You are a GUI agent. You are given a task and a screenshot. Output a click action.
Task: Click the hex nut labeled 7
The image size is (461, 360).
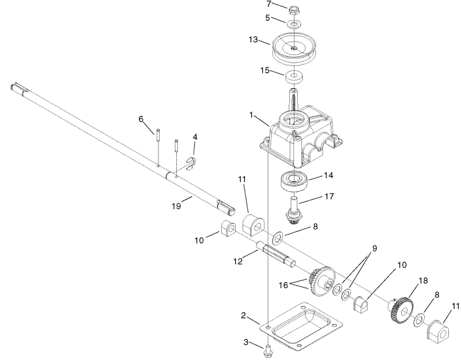click(294, 10)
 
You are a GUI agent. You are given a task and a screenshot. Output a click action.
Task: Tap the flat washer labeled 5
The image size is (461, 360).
click(294, 25)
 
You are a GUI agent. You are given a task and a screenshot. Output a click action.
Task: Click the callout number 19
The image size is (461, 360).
click(176, 204)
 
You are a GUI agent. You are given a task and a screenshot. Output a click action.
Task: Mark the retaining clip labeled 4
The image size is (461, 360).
click(192, 164)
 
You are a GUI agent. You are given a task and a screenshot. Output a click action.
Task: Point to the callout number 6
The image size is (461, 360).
click(140, 119)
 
